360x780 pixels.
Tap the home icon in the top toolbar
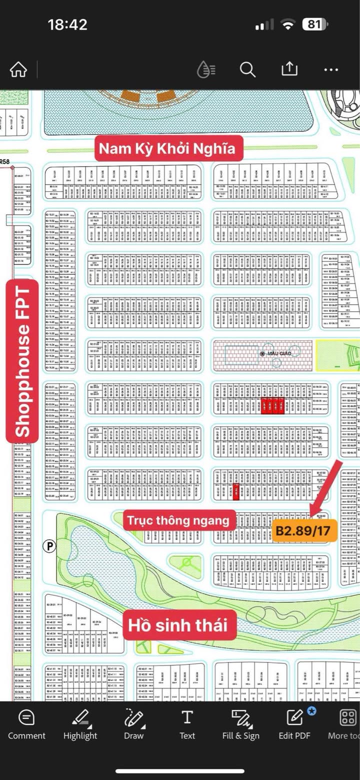coord(18,70)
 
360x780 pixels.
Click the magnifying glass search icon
coord(247,70)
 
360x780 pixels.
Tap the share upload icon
coord(289,69)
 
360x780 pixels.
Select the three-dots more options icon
coord(331,70)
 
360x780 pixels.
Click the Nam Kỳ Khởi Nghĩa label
coord(166,149)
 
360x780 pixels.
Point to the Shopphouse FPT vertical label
coord(22,362)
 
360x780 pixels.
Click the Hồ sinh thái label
coord(177,625)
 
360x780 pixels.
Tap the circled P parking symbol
coord(49,546)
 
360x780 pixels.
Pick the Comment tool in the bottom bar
coord(26,725)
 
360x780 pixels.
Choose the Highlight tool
coord(80,725)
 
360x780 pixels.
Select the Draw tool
coord(133,725)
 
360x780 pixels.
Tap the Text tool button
coord(187,725)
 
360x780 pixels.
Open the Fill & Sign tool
coord(241,725)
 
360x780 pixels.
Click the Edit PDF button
coord(294,725)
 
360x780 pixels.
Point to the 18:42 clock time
coord(67,24)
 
